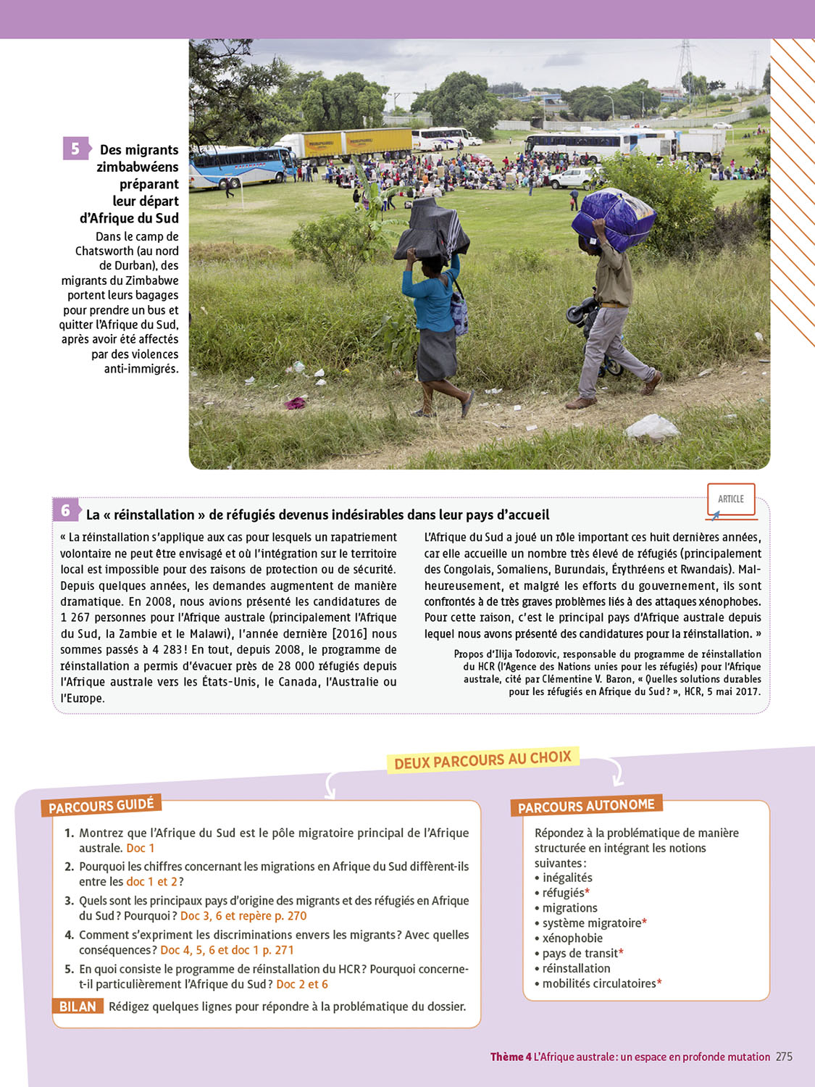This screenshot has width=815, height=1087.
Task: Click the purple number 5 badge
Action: click(75, 149)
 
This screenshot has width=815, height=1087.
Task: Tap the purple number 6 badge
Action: click(65, 510)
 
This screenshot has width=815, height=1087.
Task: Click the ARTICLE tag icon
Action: click(731, 499)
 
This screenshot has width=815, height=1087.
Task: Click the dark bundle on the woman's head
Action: click(432, 229)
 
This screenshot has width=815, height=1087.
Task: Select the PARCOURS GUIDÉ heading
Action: click(101, 805)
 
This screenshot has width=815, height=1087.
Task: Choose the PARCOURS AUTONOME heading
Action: click(586, 806)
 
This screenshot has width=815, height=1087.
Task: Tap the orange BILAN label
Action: click(78, 1007)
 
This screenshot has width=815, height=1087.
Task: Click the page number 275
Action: click(784, 1057)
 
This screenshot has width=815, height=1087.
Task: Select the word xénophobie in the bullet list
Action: click(572, 938)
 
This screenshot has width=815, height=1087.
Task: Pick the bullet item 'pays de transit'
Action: click(580, 953)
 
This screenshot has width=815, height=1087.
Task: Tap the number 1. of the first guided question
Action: click(69, 833)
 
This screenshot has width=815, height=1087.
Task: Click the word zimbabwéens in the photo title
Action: click(138, 167)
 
